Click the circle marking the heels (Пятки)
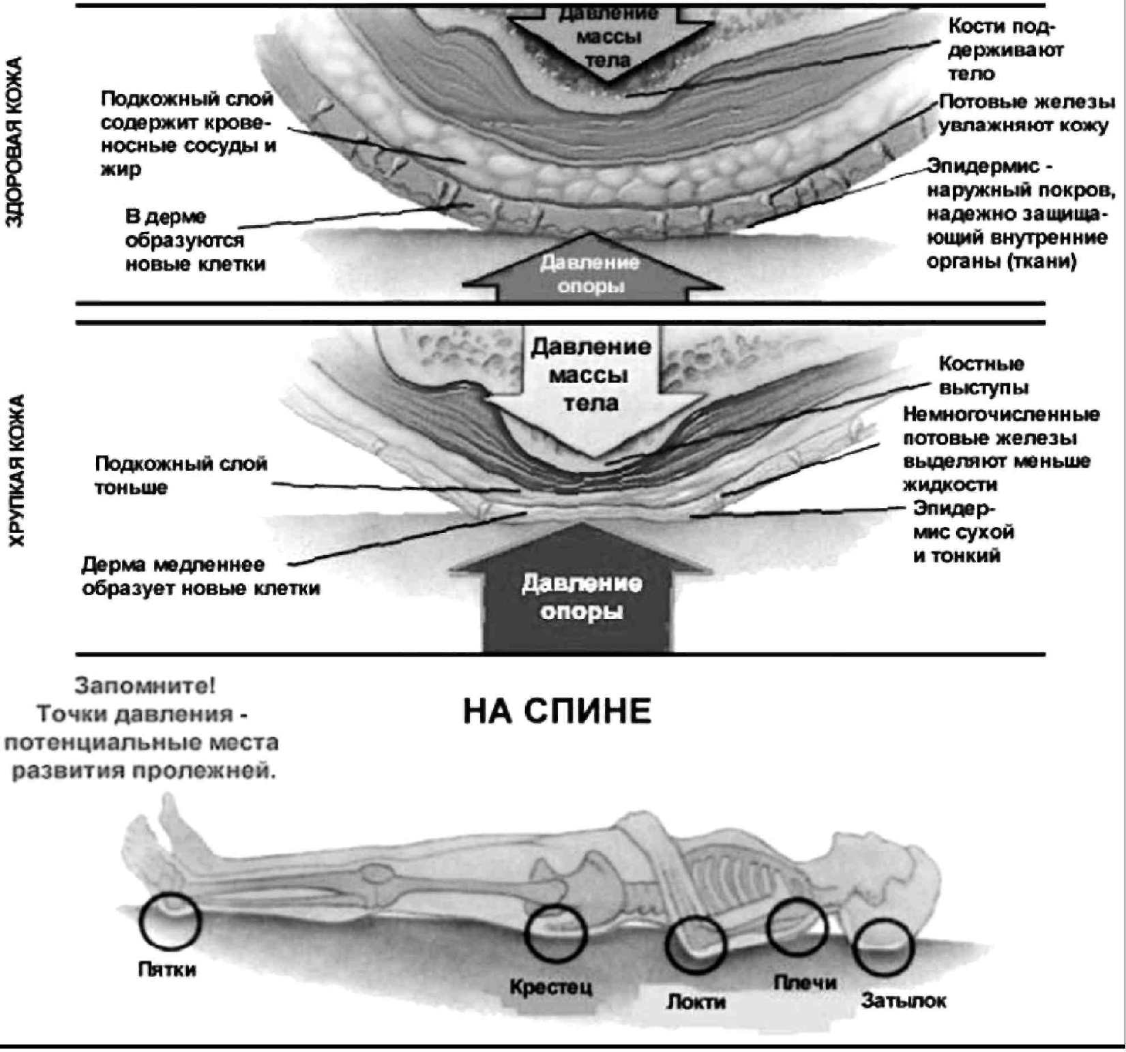coord(170,921)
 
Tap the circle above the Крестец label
coord(555,933)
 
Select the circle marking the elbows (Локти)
coord(695,944)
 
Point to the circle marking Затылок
coord(884,947)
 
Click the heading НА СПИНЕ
coord(557,712)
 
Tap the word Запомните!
coord(145,685)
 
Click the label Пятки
coord(167,969)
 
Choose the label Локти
coord(696,1002)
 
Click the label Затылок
coord(904,1001)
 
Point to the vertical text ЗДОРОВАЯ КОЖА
coord(15,142)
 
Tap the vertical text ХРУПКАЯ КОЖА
coord(16,470)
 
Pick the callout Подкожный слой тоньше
coord(181,475)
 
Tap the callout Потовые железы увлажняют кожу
coord(1026,114)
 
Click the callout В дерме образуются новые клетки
coord(194,240)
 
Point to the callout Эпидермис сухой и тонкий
coord(963,532)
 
